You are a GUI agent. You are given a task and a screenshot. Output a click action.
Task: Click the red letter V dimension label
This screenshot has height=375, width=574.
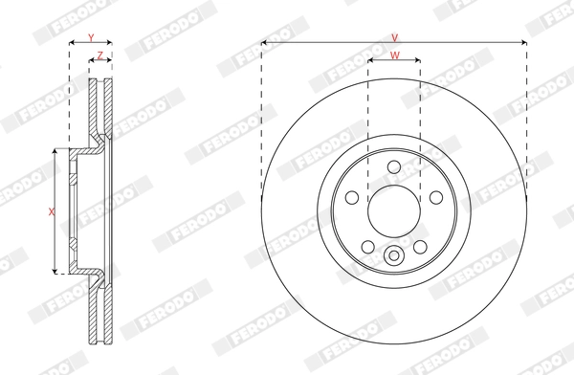394,36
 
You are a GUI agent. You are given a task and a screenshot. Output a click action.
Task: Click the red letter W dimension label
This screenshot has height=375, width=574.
394,55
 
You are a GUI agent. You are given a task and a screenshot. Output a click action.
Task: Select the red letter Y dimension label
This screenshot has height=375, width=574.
91,36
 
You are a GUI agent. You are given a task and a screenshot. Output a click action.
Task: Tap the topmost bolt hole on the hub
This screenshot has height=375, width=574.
394,168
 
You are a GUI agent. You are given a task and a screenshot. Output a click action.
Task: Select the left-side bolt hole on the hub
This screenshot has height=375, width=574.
351,197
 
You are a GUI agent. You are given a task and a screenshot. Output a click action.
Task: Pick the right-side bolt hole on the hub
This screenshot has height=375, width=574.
437,197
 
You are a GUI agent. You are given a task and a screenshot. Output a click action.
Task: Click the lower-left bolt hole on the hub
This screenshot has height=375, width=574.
368,247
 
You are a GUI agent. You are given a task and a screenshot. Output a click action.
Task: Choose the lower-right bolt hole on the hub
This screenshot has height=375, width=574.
420,247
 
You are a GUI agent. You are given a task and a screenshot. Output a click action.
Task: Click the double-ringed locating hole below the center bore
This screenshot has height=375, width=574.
394,255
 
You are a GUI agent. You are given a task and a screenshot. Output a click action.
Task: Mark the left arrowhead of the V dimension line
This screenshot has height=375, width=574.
265,43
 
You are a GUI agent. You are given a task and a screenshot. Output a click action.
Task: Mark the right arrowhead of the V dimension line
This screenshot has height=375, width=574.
523,43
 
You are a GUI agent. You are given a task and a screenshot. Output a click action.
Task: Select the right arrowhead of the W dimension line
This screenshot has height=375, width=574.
417,62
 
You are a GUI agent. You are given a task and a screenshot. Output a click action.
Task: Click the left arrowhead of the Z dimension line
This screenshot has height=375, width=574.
93,62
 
